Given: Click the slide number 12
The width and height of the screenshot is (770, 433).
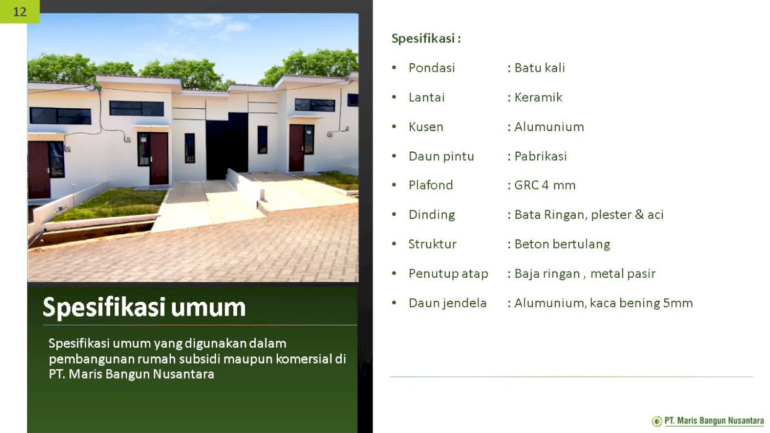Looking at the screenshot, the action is pyautogui.click(x=20, y=12).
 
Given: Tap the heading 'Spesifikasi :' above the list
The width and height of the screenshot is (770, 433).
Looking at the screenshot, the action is pyautogui.click(x=426, y=38).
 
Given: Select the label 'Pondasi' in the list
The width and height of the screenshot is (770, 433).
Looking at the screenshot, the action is pyautogui.click(x=432, y=68).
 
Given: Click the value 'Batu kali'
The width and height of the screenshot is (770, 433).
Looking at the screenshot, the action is pyautogui.click(x=540, y=68).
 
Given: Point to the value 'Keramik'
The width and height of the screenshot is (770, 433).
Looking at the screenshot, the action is pyautogui.click(x=539, y=98).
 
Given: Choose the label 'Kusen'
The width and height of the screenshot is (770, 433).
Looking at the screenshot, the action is pyautogui.click(x=426, y=127).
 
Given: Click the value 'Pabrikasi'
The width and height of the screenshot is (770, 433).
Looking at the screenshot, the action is pyautogui.click(x=540, y=156).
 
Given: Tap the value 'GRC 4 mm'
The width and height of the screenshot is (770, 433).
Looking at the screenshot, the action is pyautogui.click(x=545, y=186).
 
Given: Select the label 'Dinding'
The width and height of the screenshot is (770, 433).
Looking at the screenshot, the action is pyautogui.click(x=432, y=215).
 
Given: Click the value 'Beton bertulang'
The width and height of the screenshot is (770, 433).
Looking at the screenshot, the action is pyautogui.click(x=563, y=244).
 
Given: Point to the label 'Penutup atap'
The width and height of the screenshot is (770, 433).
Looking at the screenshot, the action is pyautogui.click(x=448, y=274).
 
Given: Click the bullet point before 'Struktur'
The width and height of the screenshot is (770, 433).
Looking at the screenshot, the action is pyautogui.click(x=394, y=244).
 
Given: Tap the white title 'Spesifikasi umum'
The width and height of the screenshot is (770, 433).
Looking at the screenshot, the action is pyautogui.click(x=144, y=307).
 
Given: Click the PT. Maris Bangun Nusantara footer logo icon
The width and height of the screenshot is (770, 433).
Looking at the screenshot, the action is pyautogui.click(x=657, y=421).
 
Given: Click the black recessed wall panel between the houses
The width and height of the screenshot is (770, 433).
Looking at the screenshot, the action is pyautogui.click(x=227, y=146).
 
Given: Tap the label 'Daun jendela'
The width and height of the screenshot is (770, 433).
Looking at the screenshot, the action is pyautogui.click(x=448, y=304).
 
